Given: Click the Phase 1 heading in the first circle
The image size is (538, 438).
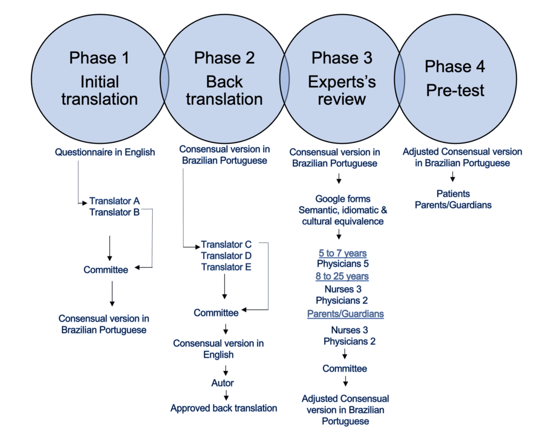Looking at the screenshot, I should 99,58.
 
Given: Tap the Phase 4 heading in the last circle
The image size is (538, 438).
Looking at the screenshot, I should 455,67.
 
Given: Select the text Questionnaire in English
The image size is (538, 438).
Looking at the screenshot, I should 105,152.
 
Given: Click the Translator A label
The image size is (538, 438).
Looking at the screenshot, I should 115,201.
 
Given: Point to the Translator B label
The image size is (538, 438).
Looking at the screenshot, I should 115,212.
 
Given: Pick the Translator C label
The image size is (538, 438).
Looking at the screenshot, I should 226,244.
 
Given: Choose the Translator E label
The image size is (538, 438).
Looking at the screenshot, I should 226,267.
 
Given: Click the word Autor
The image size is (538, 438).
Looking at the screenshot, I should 223,383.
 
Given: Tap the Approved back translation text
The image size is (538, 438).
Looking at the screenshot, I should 224,407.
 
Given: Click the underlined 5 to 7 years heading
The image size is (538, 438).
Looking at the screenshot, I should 342,254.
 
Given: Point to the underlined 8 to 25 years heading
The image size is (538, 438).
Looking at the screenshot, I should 342,277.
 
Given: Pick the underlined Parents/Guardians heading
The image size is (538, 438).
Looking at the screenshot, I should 345,314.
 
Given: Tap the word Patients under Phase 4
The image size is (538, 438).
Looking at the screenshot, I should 453,194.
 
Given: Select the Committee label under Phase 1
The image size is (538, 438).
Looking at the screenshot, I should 106,269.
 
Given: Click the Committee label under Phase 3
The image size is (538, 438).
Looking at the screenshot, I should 344,368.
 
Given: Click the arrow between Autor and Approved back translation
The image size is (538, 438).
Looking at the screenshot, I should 225,395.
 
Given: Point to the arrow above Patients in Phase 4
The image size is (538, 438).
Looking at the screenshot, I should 453,177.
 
